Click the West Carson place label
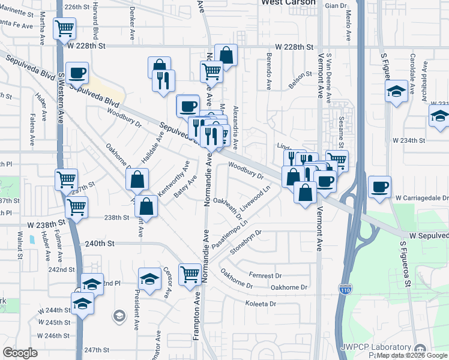tap(288, 2)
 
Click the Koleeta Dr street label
tap(261, 304)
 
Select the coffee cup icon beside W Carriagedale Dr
tap(379, 186)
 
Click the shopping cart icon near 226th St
tap(64, 28)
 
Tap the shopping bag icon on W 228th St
tap(226, 55)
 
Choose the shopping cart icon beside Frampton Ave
tap(190, 274)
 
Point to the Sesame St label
tap(340, 133)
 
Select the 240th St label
tap(99, 244)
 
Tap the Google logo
tap(20, 353)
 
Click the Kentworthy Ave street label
tap(173, 178)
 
